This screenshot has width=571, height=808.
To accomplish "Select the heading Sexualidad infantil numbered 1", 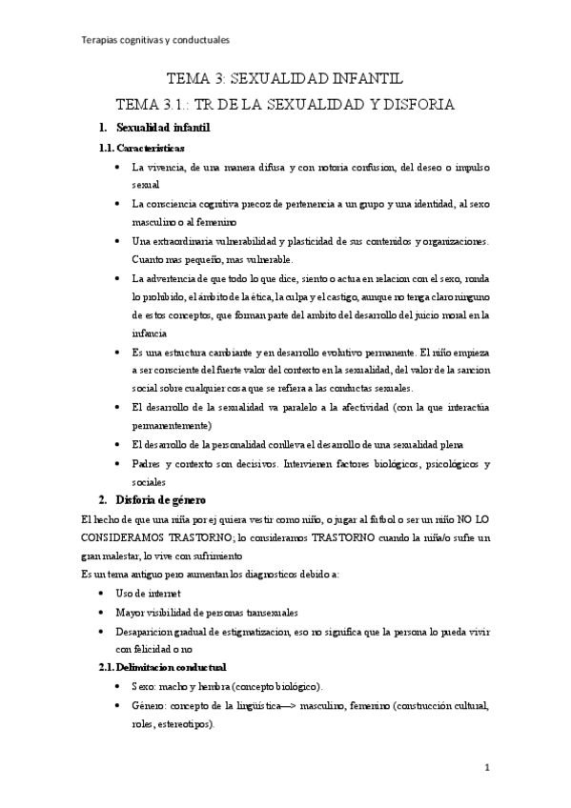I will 162,128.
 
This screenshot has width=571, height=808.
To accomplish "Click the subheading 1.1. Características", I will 142,149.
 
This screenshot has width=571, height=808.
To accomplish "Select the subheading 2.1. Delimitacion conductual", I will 163,668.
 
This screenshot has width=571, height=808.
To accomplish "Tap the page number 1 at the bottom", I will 487,768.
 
